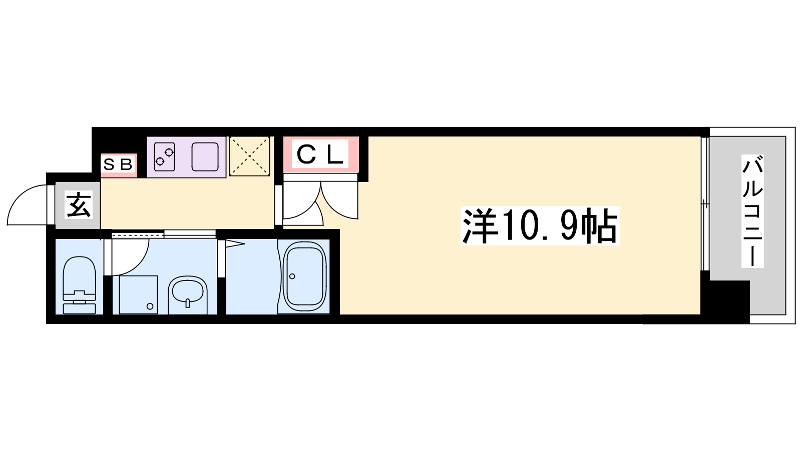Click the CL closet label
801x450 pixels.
pos(320,155)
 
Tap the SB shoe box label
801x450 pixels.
pos(118,164)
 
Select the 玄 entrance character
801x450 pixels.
pos(79,204)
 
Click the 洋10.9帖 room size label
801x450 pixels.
pos(540,225)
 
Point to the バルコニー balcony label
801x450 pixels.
pos(752,211)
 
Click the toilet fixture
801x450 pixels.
pos(79,285)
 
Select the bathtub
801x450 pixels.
pos(305,276)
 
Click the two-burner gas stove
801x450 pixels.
pos(165,157)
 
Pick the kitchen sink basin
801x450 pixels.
pos(205,157)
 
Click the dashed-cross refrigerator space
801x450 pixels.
pos(249,156)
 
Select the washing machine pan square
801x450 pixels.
pos(138,295)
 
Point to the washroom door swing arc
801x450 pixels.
pos(136,264)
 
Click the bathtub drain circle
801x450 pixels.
pos(292,276)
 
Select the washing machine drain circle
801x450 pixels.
pos(150,306)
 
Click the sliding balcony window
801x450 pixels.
pos(705,203)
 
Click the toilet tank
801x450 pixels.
pos(79,308)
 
